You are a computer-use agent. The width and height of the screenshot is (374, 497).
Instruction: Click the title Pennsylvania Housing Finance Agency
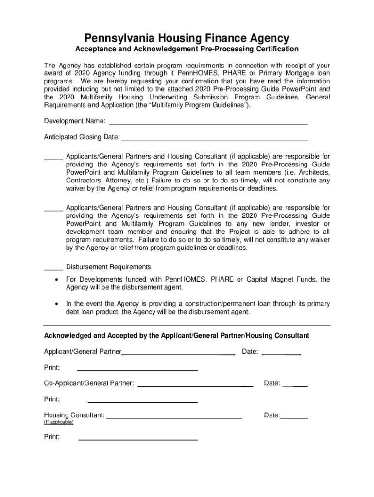187,37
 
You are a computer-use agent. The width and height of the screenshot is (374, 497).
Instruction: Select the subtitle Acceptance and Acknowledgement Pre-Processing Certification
187,50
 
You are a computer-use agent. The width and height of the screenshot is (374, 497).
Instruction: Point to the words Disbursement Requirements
108,267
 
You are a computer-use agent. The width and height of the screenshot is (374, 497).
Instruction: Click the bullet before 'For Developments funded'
58,280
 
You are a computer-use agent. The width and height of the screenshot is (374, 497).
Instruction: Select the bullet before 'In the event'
58,304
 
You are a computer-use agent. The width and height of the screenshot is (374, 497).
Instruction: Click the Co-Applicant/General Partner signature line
195,385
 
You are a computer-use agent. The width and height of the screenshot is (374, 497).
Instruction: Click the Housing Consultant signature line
174,417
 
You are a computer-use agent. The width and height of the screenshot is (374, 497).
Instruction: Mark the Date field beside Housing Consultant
294,417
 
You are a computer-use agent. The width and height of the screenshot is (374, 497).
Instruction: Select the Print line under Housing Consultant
138,439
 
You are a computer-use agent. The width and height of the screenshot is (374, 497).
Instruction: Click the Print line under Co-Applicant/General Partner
143,401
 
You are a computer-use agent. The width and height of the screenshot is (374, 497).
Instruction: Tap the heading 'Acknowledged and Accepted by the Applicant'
177,336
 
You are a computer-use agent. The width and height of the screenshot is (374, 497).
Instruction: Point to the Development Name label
75,121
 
